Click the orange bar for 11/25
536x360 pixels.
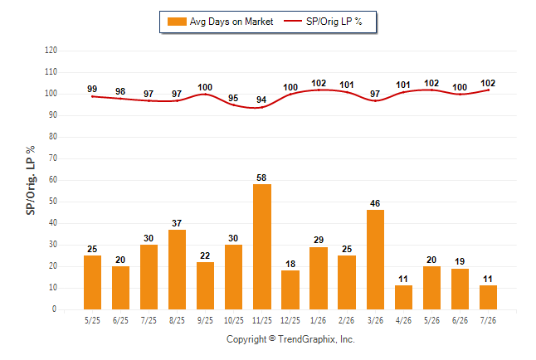click(262, 247)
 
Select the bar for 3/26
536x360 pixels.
click(375, 260)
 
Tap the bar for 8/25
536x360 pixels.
click(177, 270)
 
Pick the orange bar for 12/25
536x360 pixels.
click(290, 290)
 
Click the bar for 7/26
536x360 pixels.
click(488, 298)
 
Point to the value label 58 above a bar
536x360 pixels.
click(261, 178)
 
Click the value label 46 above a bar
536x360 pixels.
click(375, 203)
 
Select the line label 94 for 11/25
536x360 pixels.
click(261, 100)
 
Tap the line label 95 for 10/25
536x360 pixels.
click(233, 98)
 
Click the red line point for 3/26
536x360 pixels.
click(375, 101)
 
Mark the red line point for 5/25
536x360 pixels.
click(92, 97)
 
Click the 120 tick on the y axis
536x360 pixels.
click(51, 51)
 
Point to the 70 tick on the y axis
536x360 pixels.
click(53, 158)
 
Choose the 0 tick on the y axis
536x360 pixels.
click(55, 309)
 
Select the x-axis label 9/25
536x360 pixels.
click(205, 320)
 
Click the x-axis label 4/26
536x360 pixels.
click(403, 320)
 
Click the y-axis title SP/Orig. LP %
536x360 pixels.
click(31, 180)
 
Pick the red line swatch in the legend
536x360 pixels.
click(293, 22)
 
